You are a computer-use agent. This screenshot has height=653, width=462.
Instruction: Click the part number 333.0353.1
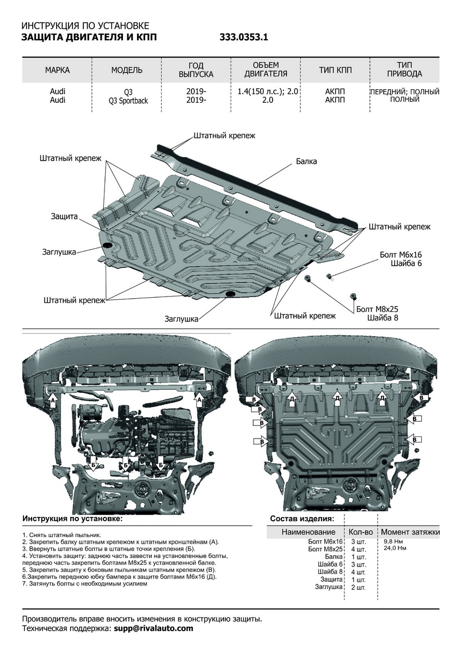click(244, 38)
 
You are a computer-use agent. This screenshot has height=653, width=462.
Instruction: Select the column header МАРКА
click(58, 70)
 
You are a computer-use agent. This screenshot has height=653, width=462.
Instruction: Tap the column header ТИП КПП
click(335, 70)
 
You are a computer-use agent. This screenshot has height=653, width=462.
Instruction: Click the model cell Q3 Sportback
click(128, 101)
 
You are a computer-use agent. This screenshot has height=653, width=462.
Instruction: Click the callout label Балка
click(306, 161)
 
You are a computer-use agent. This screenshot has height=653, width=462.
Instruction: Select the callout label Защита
click(65, 215)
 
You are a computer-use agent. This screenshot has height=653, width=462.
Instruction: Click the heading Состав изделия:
click(302, 519)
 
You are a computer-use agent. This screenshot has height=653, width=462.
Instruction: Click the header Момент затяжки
click(410, 532)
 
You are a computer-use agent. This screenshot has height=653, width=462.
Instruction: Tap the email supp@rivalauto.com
click(153, 628)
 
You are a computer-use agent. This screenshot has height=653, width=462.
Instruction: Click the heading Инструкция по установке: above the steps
click(72, 519)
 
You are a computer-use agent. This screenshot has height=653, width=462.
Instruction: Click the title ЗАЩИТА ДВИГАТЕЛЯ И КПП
click(89, 38)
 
